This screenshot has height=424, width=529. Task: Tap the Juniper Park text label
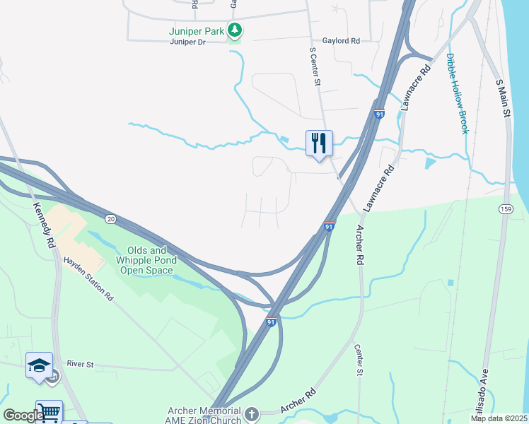tap(196, 31)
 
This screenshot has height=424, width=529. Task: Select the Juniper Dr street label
tap(187, 42)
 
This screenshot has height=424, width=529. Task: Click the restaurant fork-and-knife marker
tap(318, 143)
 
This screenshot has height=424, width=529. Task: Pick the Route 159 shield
tap(505, 209)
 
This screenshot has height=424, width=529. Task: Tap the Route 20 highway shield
tap(110, 219)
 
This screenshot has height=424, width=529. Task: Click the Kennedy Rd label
tap(43, 225)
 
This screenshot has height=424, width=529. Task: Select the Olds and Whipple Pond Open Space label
tap(147, 259)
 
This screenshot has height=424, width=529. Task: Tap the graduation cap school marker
tap(39, 365)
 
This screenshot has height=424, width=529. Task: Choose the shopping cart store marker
tap(49, 413)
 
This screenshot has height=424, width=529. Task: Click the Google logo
tap(23, 416)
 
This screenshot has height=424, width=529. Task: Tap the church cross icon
tap(252, 412)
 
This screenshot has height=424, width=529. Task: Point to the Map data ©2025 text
tap(499, 418)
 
